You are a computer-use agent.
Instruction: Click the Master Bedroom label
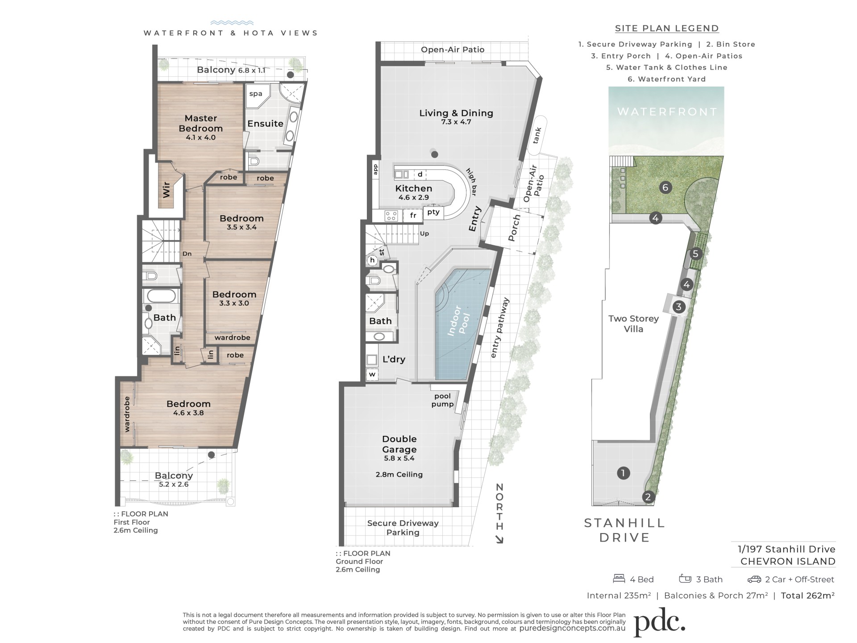pos(200,123)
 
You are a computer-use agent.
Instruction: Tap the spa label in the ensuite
pos(256,94)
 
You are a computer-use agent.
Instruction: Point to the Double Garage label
pos(399,444)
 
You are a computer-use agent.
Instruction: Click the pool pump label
pos(443,400)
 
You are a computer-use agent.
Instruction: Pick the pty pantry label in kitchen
pos(433,212)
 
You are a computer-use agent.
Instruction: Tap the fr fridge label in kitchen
pos(413,215)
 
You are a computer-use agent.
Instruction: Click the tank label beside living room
pos(537,135)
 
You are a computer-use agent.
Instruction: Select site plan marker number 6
pos(665,187)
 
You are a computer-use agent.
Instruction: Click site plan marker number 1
pos(623,473)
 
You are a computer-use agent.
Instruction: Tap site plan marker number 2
pos(648,497)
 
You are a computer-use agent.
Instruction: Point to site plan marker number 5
pos(695,254)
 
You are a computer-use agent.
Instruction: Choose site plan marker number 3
pos(678,307)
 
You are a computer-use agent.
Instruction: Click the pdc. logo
pos(659,621)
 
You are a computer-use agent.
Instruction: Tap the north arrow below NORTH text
pos(499,539)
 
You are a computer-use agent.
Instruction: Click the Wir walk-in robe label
pos(166,189)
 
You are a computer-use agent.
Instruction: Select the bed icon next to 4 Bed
pos(619,579)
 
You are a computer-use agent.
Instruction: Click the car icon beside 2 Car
pos(754,580)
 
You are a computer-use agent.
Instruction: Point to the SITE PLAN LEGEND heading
pos(667,29)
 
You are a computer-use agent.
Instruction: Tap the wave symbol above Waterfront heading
pos(232,23)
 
